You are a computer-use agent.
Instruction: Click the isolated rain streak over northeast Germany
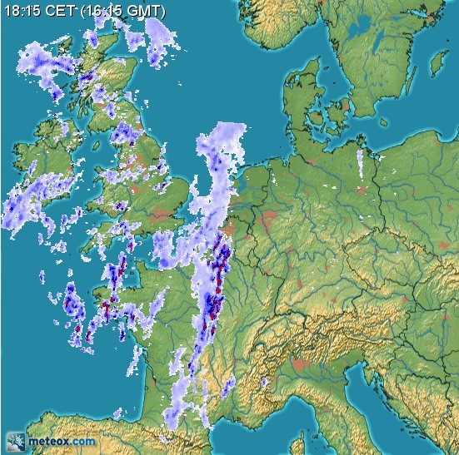[360, 162]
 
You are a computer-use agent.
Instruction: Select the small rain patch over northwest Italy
[264, 383]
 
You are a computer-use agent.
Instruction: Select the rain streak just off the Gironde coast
[133, 359]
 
